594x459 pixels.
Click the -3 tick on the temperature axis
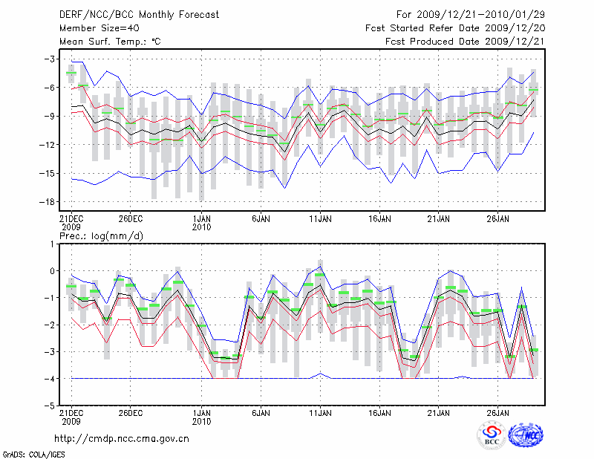(50, 59)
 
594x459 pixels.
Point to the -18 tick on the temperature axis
(48, 202)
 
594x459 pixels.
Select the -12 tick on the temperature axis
(48, 145)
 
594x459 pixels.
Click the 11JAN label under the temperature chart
(320, 219)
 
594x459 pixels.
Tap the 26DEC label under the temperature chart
(130, 219)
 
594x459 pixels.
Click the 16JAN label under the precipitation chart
(379, 412)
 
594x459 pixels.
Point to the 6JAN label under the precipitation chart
(261, 412)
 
